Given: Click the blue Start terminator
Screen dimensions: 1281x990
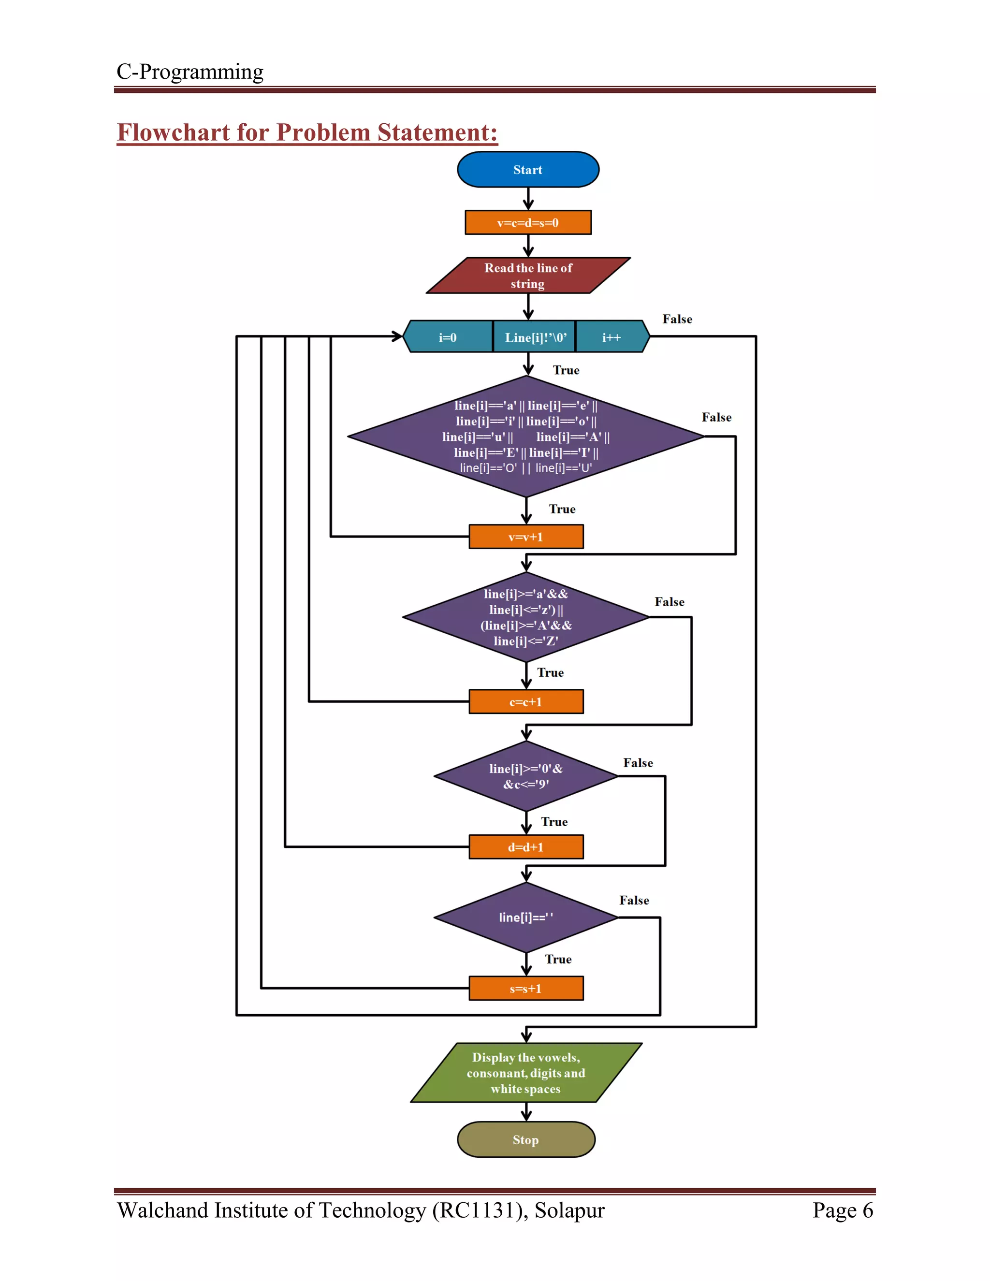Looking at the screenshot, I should click(528, 170).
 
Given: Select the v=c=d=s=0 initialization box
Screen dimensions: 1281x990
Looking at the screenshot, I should click(528, 223).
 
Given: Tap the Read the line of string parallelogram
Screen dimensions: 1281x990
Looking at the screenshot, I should click(528, 276).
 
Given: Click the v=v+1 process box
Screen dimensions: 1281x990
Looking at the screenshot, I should click(526, 537).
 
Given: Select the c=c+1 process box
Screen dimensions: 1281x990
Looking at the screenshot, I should click(526, 701).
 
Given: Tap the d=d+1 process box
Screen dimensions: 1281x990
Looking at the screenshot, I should click(526, 847).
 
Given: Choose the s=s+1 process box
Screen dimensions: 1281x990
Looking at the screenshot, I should click(526, 989).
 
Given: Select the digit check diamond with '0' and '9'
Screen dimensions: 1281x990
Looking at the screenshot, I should click(526, 776).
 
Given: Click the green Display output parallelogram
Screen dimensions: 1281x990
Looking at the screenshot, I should click(526, 1073).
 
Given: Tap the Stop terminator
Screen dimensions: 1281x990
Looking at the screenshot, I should click(526, 1140).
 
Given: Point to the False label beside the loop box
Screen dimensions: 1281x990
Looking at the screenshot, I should click(677, 319).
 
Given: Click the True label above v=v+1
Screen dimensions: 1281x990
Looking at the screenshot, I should click(562, 509).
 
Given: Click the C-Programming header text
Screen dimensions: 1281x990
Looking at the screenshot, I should click(190, 72).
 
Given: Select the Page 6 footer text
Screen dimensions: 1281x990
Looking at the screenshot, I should click(842, 1210).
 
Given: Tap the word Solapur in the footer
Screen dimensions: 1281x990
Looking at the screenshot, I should click(569, 1210).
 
